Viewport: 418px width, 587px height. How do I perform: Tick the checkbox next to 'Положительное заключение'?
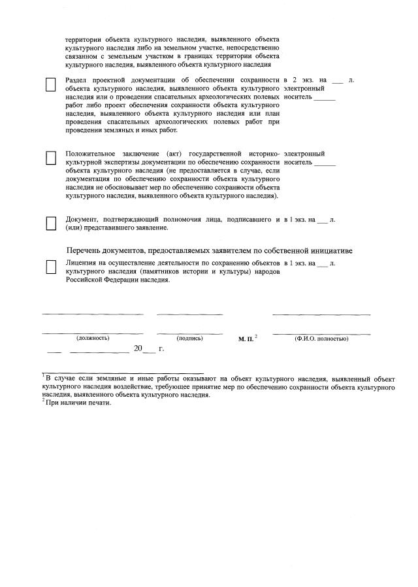pyautogui.click(x=51, y=159)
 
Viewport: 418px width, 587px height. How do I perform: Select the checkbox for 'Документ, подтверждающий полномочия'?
pyautogui.click(x=51, y=224)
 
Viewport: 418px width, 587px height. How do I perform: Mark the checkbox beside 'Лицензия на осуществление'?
pyautogui.click(x=51, y=267)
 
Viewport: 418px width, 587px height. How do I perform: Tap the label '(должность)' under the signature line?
pyautogui.click(x=93, y=338)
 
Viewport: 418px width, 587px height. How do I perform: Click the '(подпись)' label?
pyautogui.click(x=190, y=338)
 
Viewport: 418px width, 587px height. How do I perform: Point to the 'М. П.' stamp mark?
pyautogui.click(x=246, y=339)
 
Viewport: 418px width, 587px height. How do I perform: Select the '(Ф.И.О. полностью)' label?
pyautogui.click(x=321, y=339)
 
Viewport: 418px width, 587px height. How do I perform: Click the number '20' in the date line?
pyautogui.click(x=138, y=349)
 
